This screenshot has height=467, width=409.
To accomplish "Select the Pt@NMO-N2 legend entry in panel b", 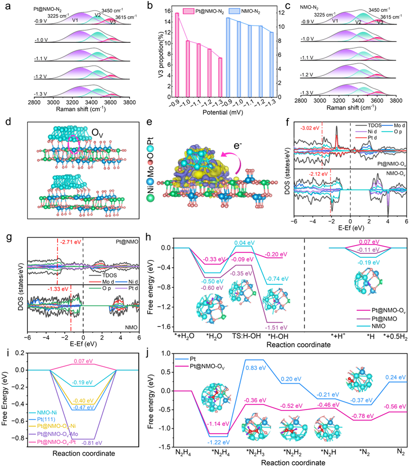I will click(x=212, y=10).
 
